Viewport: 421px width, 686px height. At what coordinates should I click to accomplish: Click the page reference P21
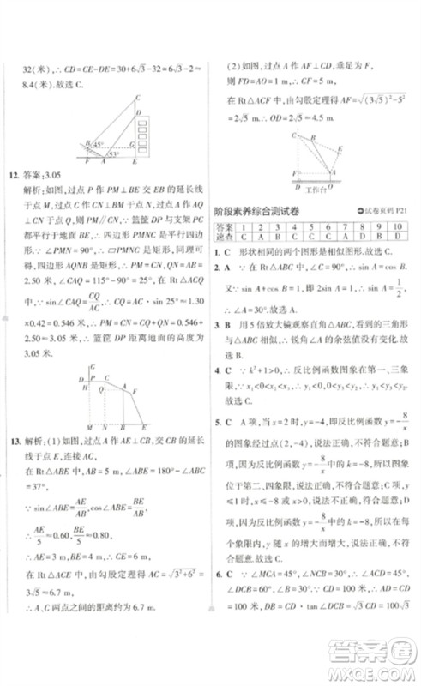[x=398, y=212]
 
